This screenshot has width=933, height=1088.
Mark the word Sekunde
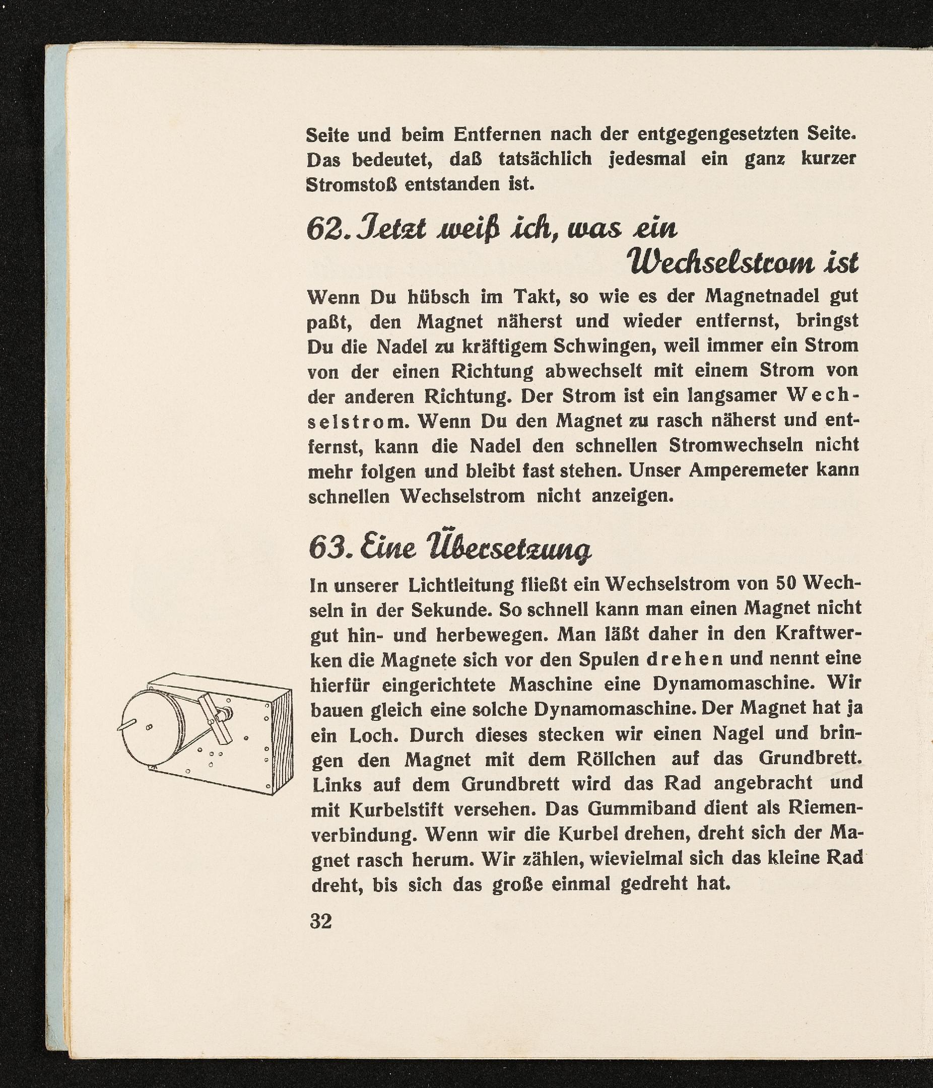450,609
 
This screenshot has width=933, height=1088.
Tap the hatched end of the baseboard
282,739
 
